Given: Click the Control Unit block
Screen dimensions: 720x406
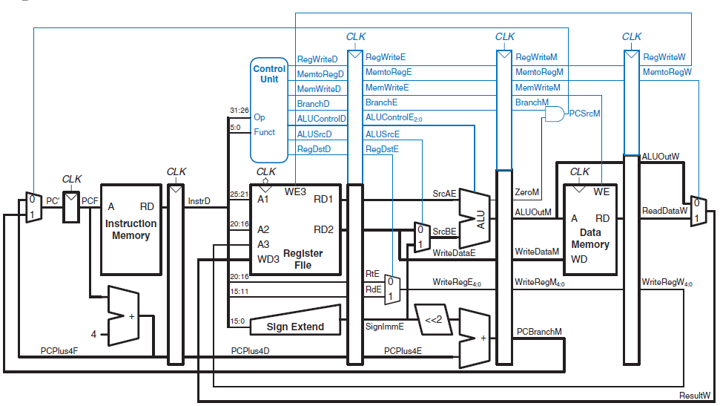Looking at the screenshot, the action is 269,110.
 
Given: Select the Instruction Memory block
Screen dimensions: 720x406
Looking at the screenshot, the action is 131,229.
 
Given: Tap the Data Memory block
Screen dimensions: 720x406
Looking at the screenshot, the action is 590,229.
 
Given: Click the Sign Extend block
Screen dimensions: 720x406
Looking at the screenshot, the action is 295,320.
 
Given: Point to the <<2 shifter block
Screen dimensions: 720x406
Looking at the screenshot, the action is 433,319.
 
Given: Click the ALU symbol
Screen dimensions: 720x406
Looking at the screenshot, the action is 475,218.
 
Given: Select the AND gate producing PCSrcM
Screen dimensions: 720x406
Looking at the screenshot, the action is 555,114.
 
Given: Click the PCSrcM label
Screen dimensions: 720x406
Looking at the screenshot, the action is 584,114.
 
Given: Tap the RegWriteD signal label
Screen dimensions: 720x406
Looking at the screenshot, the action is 317,59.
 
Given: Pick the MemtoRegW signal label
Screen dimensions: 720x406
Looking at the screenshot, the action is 667,72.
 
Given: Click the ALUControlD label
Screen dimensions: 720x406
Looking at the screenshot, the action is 321,119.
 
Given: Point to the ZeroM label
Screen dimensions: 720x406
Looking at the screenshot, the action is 526,192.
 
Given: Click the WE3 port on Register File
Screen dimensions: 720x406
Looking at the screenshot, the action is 295,191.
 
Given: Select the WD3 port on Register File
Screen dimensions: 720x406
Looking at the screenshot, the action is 268,259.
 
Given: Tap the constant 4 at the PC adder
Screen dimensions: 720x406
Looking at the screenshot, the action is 93,334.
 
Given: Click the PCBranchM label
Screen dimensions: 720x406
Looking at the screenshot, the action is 539,332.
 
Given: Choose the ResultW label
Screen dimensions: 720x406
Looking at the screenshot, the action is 695,396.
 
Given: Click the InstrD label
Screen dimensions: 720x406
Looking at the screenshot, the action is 199,201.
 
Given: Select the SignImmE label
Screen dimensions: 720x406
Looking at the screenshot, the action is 385,327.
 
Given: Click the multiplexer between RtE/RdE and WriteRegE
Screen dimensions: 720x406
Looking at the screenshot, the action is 392,289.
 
